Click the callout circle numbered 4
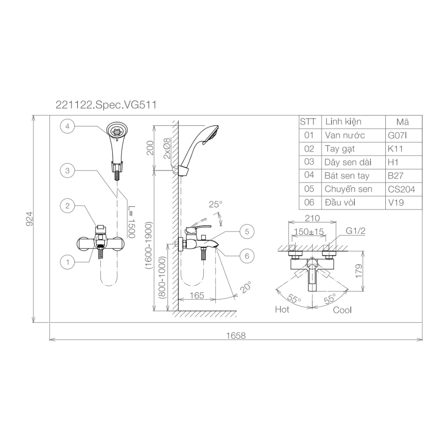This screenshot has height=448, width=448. [67, 127]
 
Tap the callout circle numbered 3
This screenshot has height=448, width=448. [67, 171]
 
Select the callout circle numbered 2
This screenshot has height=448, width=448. [67, 206]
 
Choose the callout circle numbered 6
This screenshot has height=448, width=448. [247, 256]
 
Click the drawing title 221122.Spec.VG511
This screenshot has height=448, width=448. [105, 105]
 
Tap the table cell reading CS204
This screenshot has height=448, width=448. [401, 189]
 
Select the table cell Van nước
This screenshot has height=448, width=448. [345, 135]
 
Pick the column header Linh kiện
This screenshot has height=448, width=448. [343, 122]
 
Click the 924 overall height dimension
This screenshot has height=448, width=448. [29, 219]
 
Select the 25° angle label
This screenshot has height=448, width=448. [215, 204]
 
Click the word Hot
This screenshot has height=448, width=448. [282, 310]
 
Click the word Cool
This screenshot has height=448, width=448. [342, 310]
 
